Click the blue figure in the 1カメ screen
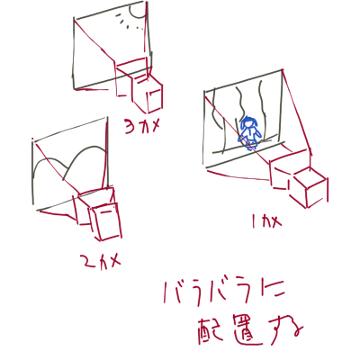249,131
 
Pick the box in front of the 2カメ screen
104,222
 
